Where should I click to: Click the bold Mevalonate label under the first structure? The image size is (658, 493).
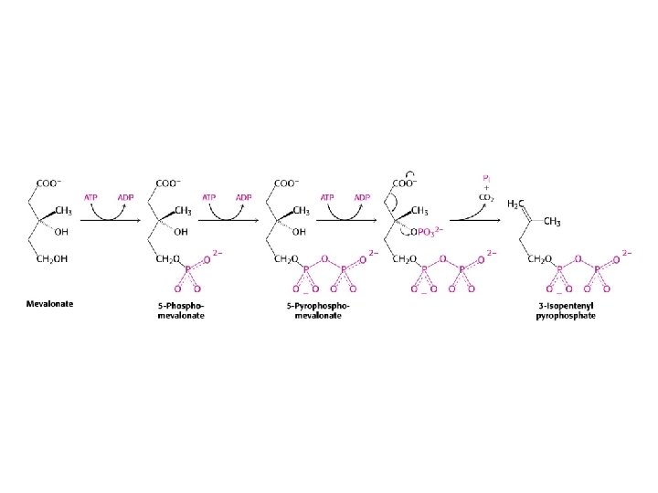pos(49,302)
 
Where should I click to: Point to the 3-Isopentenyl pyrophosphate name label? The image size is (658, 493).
pos(565,309)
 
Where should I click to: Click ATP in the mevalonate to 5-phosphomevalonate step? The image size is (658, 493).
pos(91,196)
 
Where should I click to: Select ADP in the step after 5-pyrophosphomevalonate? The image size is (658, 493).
pos(362,196)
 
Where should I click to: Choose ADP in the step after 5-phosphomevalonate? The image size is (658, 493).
pos(244,196)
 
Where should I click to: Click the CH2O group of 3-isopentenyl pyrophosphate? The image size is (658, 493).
pos(539,259)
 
